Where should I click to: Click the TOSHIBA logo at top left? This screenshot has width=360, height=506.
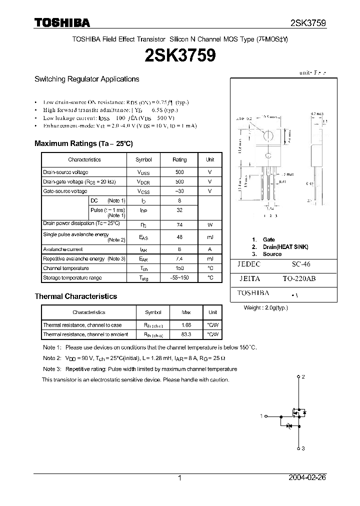point(62,22)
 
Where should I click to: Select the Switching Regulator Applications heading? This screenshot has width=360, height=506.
point(86,79)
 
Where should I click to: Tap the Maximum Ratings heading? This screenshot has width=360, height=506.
point(83,143)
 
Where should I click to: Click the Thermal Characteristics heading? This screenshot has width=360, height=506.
point(75,296)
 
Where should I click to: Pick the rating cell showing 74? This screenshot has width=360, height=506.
point(179,225)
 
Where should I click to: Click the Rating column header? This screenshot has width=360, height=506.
point(179,159)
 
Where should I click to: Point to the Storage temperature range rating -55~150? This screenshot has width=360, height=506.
point(179,277)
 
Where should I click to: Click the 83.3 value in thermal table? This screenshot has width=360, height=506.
point(186,334)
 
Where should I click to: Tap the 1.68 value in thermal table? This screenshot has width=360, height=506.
point(186,325)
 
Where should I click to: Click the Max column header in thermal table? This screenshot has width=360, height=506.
point(186,312)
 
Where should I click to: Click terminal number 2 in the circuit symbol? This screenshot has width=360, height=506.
point(303,376)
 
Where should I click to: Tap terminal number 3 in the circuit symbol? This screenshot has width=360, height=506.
point(303,449)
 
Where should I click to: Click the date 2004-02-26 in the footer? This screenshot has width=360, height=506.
point(307,478)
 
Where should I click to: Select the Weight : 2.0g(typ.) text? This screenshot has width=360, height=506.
point(265,308)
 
